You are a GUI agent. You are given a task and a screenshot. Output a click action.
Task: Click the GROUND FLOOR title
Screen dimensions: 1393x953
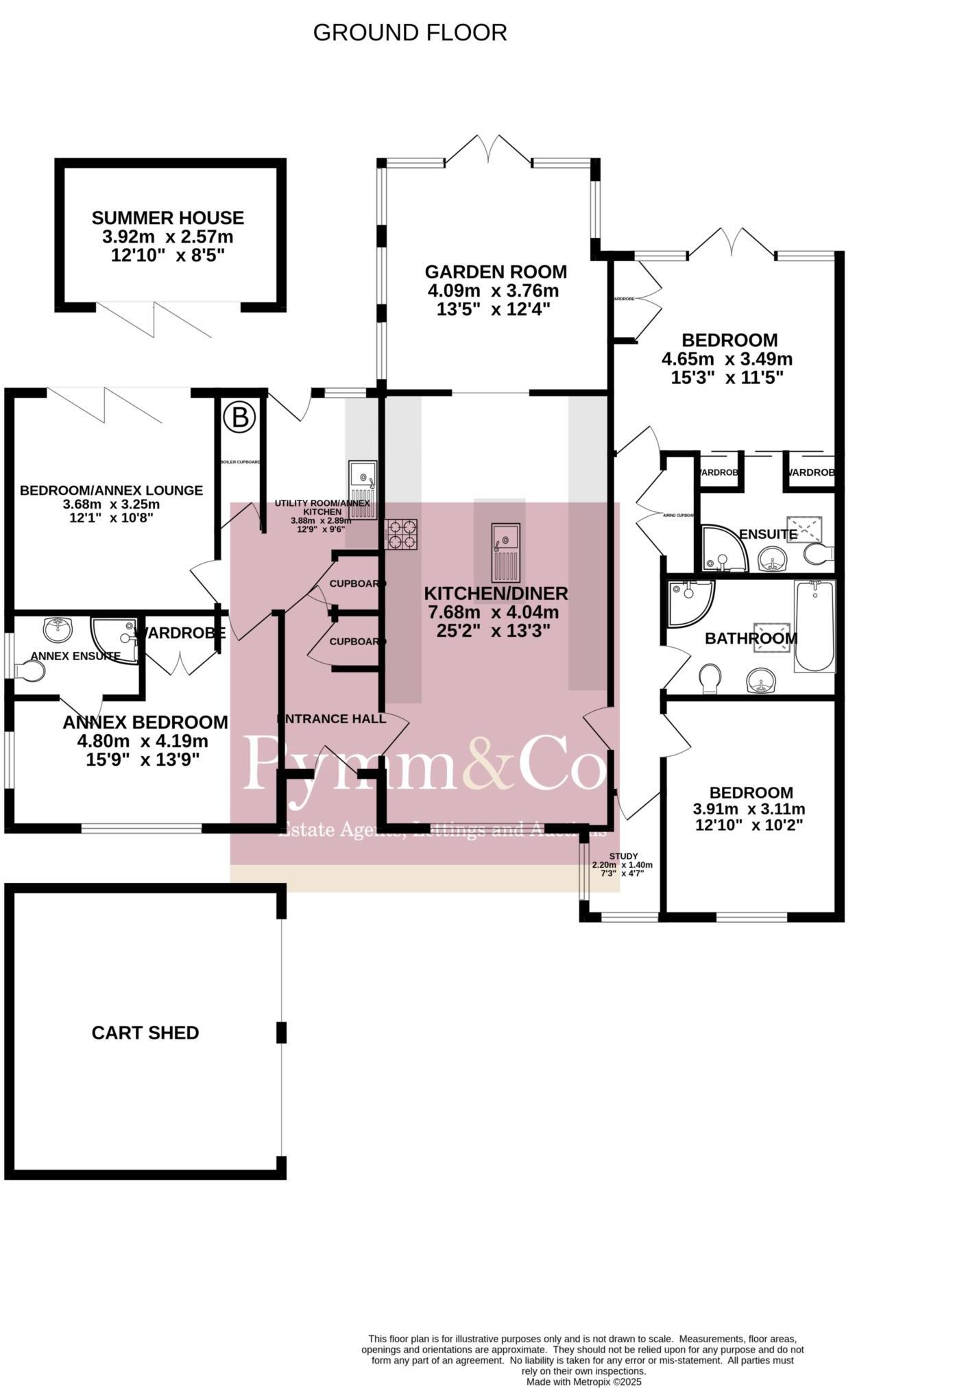pyautogui.click(x=410, y=32)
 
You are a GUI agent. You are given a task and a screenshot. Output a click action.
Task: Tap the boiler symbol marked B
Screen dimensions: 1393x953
pyautogui.click(x=240, y=417)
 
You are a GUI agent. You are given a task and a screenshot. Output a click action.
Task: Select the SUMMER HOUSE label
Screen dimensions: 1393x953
pyautogui.click(x=168, y=218)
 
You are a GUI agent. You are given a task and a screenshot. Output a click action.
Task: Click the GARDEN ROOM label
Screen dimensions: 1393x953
pyautogui.click(x=495, y=272)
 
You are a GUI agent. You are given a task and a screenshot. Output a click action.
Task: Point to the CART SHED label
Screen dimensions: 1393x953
pyautogui.click(x=145, y=1032)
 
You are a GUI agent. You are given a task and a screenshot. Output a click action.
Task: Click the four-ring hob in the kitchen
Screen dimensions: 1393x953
pyautogui.click(x=402, y=534)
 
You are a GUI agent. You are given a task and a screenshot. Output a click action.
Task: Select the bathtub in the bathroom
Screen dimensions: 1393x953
pyautogui.click(x=815, y=626)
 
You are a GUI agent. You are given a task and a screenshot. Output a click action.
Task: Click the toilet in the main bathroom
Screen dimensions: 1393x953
pyautogui.click(x=711, y=678)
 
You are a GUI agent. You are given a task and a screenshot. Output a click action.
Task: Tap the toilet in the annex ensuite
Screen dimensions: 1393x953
pyautogui.click(x=30, y=671)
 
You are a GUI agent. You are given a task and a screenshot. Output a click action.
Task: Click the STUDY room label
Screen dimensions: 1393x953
pyautogui.click(x=623, y=856)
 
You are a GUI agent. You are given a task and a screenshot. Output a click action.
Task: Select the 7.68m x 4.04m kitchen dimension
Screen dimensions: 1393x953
pyautogui.click(x=494, y=612)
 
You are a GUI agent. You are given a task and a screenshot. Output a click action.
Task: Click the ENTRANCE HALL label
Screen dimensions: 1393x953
pyautogui.click(x=332, y=718)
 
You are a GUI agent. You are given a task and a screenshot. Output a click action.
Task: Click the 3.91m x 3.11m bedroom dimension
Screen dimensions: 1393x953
pyautogui.click(x=749, y=809)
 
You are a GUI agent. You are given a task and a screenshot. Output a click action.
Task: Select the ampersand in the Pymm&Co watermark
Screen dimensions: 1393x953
pyautogui.click(x=489, y=762)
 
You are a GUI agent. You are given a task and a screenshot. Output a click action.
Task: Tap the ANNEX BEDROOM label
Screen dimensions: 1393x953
pyautogui.click(x=145, y=722)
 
